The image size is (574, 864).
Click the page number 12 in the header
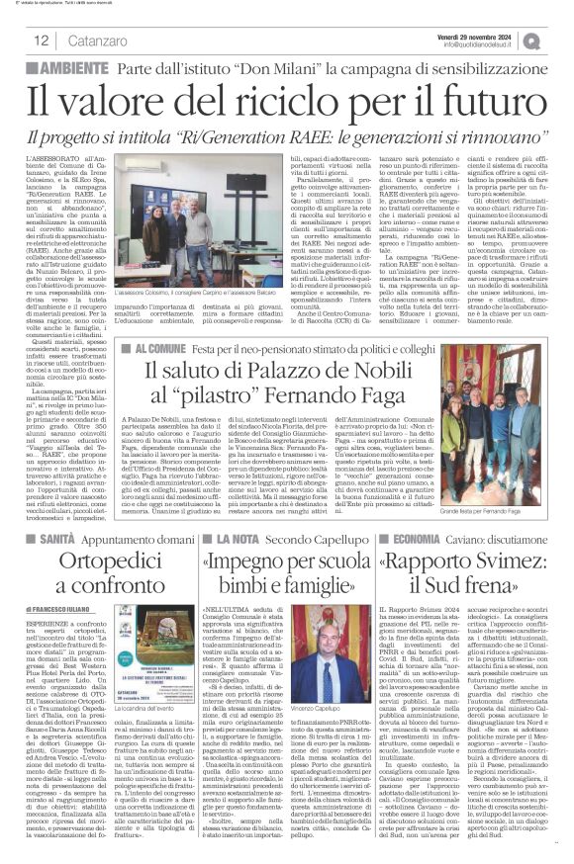click(43, 42)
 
